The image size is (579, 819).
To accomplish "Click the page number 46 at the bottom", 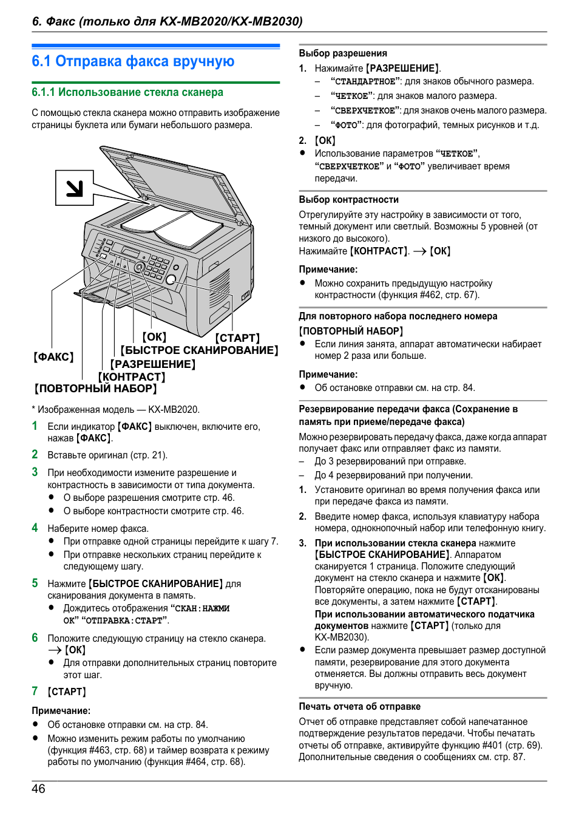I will [38, 789].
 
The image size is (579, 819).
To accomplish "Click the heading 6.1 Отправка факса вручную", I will [133, 61].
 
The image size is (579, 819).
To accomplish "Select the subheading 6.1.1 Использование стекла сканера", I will [127, 92].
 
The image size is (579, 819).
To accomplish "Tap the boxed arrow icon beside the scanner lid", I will [74, 188].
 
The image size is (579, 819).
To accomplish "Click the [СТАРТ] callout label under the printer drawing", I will [237, 338].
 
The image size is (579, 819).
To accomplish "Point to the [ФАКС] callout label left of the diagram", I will [53, 357].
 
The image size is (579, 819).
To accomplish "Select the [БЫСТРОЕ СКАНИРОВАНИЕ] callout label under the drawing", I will [199, 350].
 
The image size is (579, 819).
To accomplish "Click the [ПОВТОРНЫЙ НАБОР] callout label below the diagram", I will [95, 389].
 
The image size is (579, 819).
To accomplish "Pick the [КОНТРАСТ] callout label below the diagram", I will [132, 376].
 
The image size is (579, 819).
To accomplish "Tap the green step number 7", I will [35, 691].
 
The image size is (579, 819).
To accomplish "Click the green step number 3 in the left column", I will [35, 472].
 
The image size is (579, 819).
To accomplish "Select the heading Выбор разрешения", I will [342, 53].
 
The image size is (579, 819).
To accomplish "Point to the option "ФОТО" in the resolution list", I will [347, 125].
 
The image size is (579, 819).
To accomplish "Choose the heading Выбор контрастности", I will [348, 200].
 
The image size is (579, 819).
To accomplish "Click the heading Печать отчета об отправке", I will [359, 707].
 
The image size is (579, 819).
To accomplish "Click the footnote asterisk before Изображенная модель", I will [33, 409].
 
